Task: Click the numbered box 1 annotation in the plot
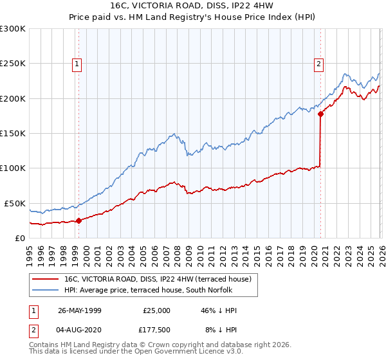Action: click(77, 63)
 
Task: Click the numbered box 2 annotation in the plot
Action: click(318, 63)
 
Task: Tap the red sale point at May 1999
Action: click(79, 221)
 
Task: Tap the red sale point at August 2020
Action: click(320, 114)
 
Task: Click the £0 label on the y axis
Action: click(19, 238)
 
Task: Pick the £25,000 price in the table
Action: click(156, 310)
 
